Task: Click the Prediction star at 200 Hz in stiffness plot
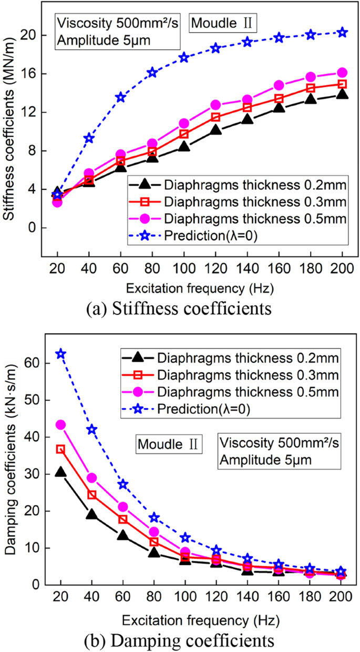pos(342,33)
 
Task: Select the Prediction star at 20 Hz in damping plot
pos(61,354)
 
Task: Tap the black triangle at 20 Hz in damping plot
pos(61,472)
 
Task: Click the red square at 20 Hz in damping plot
pos(61,449)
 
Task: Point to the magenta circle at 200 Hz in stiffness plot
pos(342,73)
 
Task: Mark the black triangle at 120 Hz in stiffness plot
pos(215,130)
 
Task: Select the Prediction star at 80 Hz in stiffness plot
pos(152,73)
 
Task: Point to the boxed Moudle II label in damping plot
pos(168,445)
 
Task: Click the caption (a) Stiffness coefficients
pos(179,308)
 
